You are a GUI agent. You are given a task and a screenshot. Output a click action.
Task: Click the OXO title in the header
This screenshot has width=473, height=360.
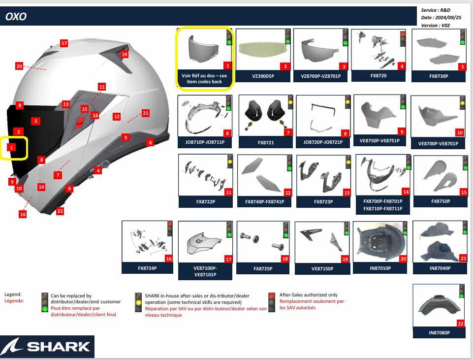click(x=16, y=16)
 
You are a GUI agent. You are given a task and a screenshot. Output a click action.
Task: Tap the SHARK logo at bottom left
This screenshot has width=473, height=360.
click(x=47, y=346)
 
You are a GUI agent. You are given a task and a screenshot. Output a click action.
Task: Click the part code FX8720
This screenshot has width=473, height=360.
click(x=378, y=76)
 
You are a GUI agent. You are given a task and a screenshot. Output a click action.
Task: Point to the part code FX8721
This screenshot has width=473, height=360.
click(x=266, y=142)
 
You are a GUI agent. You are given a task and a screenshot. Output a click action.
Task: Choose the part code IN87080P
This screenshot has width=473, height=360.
click(x=439, y=333)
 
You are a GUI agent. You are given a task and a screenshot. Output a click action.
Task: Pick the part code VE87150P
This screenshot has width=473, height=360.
click(x=322, y=268)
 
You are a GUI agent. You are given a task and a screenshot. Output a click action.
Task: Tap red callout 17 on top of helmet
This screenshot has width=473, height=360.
click(x=64, y=43)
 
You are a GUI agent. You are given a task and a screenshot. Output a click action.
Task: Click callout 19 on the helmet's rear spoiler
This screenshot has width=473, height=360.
click(x=125, y=54)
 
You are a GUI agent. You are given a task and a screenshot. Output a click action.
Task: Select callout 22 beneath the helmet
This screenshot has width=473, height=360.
click(x=60, y=211)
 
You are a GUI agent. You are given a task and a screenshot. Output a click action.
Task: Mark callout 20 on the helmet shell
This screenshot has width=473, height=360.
click(x=19, y=66)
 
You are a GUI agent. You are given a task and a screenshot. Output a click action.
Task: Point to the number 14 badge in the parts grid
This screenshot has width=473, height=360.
click(x=406, y=192)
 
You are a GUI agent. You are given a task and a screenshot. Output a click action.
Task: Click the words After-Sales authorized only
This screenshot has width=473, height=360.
click(x=308, y=295)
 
